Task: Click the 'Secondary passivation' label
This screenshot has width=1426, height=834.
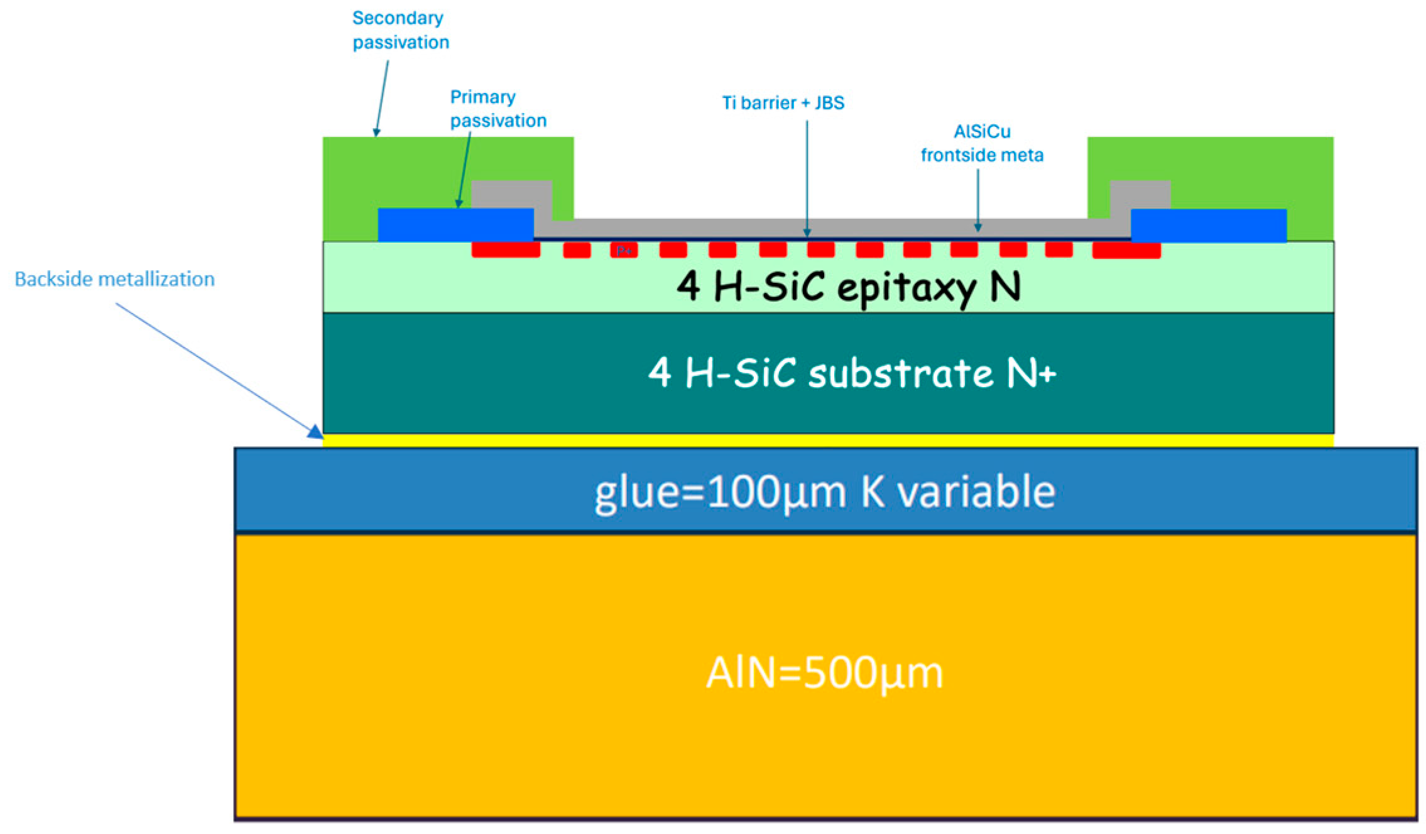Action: (400, 30)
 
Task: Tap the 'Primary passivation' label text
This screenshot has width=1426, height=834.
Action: (498, 109)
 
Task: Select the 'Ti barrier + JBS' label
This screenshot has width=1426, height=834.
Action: (783, 102)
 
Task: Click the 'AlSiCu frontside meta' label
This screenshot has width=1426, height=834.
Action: (981, 143)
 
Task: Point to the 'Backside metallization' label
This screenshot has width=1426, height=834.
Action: (114, 279)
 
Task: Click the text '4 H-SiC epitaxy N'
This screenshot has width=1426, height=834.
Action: (848, 287)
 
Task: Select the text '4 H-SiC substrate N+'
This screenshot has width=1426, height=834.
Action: (851, 373)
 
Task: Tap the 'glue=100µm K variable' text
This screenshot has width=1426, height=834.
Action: (824, 491)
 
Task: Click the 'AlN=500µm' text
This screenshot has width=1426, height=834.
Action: (824, 673)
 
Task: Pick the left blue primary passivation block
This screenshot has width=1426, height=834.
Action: (455, 225)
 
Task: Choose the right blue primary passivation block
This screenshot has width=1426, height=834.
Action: (1208, 225)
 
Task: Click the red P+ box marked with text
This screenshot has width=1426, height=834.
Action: (624, 250)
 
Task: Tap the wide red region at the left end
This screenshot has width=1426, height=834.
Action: (506, 250)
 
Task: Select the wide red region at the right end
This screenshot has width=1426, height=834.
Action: (1126, 250)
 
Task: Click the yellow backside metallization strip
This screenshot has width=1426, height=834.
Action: (827, 441)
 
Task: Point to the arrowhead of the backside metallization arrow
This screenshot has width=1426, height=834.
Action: (316, 432)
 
